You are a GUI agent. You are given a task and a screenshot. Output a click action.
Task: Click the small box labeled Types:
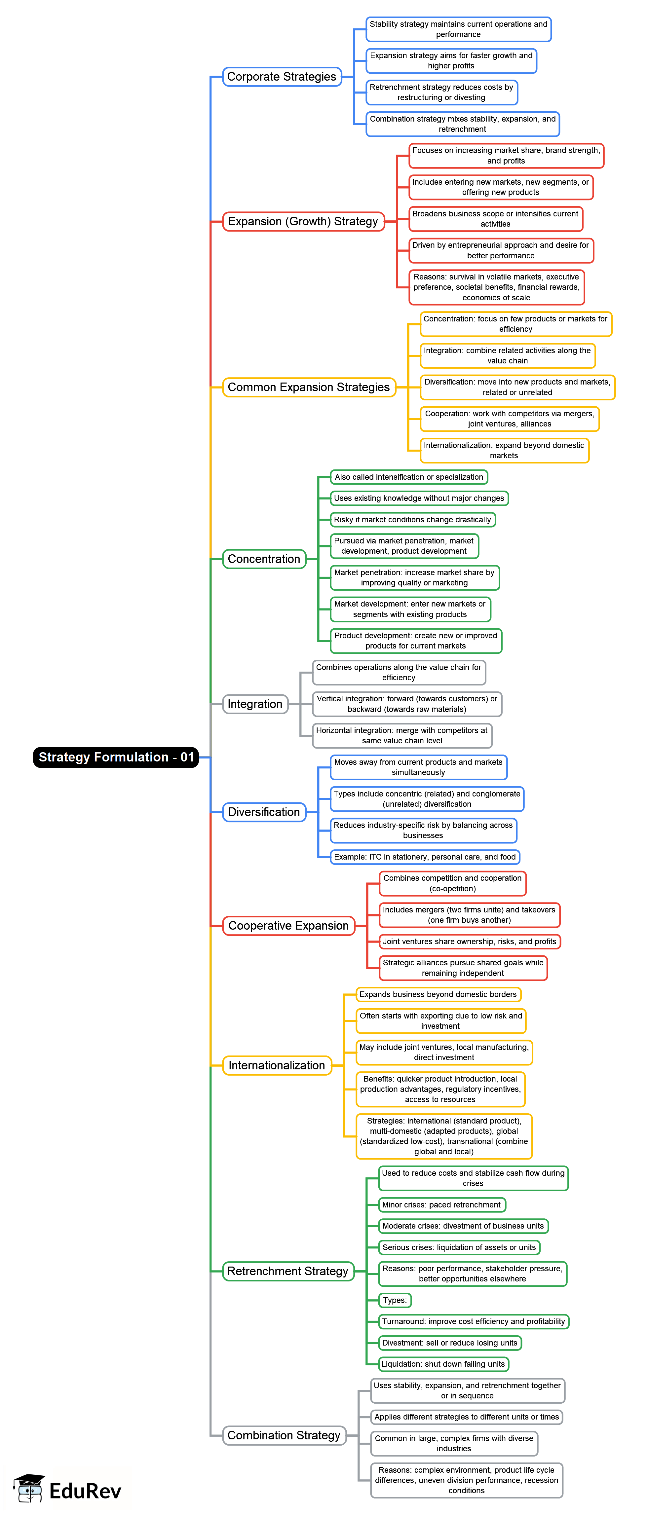click(395, 1300)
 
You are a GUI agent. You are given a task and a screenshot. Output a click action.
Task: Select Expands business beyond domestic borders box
click(439, 994)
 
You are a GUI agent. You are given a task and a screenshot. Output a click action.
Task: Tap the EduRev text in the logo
click(85, 1491)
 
